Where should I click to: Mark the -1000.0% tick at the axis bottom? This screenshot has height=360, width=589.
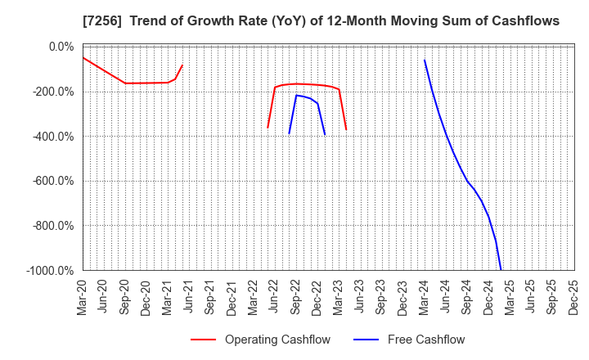click(50, 270)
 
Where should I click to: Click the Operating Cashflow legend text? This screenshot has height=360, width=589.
click(277, 340)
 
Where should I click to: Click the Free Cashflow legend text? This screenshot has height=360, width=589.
click(426, 340)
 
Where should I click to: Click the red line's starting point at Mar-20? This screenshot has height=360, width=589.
click(83, 57)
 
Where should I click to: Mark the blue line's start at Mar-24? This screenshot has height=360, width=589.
click(425, 60)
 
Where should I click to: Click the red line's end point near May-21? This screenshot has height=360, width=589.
click(182, 65)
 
